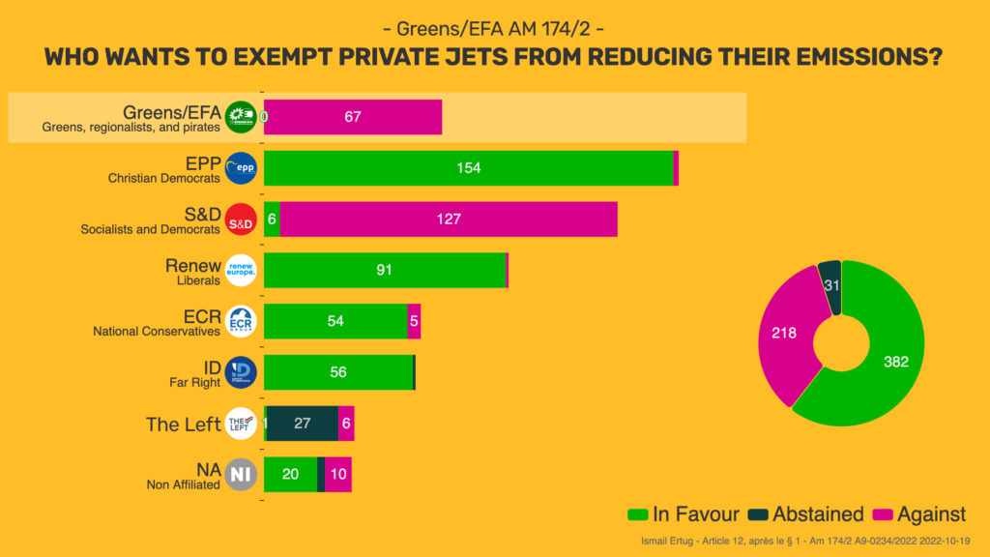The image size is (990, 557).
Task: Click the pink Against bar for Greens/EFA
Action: coord(353,117)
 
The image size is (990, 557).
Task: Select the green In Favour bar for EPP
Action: coord(468,168)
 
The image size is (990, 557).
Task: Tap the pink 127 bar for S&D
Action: coord(448,220)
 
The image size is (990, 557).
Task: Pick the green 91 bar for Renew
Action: coord(385,270)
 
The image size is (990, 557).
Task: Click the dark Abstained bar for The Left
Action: coord(302,424)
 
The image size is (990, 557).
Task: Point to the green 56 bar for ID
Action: coord(338,372)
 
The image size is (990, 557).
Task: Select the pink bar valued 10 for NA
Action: coord(338,474)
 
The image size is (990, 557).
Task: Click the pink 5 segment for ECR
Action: coord(414,321)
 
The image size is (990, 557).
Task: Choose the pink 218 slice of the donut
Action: coord(784,334)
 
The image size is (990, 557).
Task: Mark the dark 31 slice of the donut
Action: coord(830,286)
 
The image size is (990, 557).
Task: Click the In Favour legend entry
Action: coord(684,514)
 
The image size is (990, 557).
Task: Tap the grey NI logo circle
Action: coord(241,475)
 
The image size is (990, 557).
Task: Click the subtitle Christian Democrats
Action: coord(163,178)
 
